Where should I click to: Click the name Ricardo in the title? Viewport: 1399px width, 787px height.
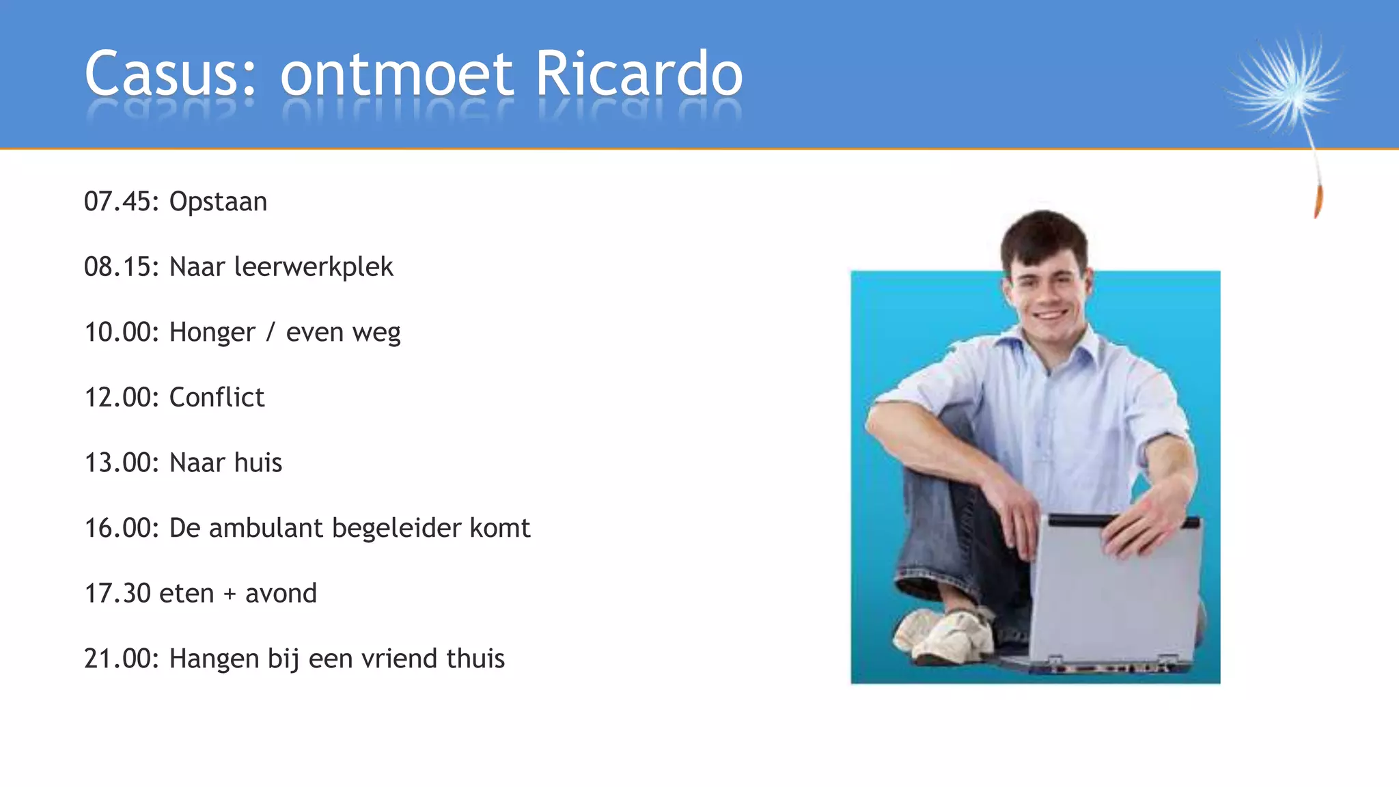pyautogui.click(x=639, y=73)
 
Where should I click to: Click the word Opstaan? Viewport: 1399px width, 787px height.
pyautogui.click(x=218, y=202)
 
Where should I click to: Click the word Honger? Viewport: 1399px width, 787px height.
pyautogui.click(x=212, y=333)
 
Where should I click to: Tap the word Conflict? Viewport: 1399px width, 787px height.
pyautogui.click(x=217, y=397)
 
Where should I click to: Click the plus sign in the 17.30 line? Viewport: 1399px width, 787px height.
pyautogui.click(x=230, y=594)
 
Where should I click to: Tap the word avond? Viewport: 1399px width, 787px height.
pyautogui.click(x=281, y=593)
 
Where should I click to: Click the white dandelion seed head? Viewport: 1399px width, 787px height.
pyautogui.click(x=1284, y=85)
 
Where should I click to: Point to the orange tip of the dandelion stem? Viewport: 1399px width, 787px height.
pyautogui.click(x=1318, y=202)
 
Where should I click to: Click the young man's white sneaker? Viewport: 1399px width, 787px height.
pyautogui.click(x=946, y=635)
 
